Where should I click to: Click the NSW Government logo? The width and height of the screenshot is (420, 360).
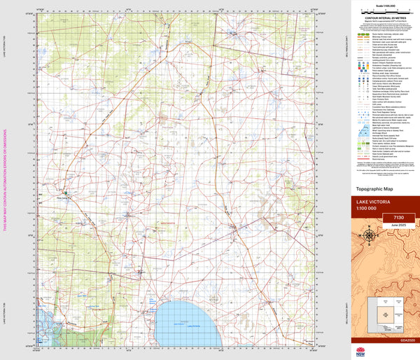[408, 349]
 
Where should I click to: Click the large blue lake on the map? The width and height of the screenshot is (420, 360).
[188, 319]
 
